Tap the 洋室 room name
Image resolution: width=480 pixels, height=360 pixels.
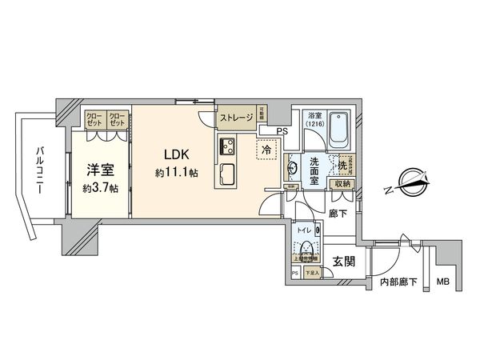99,170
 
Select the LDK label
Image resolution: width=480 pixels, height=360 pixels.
178,155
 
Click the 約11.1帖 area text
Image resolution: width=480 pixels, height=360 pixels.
177,173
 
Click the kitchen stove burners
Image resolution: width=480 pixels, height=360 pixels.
226,147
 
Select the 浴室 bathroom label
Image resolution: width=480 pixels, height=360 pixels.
314,117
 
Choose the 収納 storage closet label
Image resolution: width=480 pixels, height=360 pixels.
343,183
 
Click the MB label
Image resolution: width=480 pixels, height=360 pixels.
442,281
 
